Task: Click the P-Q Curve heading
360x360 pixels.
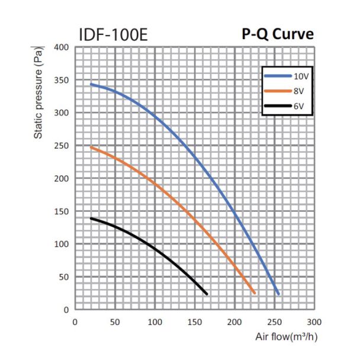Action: pos(277,34)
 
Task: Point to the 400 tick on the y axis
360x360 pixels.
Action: pos(62,47)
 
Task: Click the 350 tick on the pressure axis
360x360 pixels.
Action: pos(62,80)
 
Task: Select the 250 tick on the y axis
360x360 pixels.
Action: pos(62,146)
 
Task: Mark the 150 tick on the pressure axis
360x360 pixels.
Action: pos(62,211)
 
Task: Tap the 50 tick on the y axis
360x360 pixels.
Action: pos(64,277)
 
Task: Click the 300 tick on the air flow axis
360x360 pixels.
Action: pos(314,322)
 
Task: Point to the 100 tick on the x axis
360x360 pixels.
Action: pos(155,322)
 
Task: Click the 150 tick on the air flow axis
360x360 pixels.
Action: pos(195,322)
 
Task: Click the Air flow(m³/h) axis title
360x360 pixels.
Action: pos(286,338)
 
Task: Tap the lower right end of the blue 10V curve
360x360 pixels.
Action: pos(278,294)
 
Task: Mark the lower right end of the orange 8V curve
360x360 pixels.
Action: pos(254,292)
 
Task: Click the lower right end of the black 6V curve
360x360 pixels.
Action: pos(207,293)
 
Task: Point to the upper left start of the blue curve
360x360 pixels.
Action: pos(91,84)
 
